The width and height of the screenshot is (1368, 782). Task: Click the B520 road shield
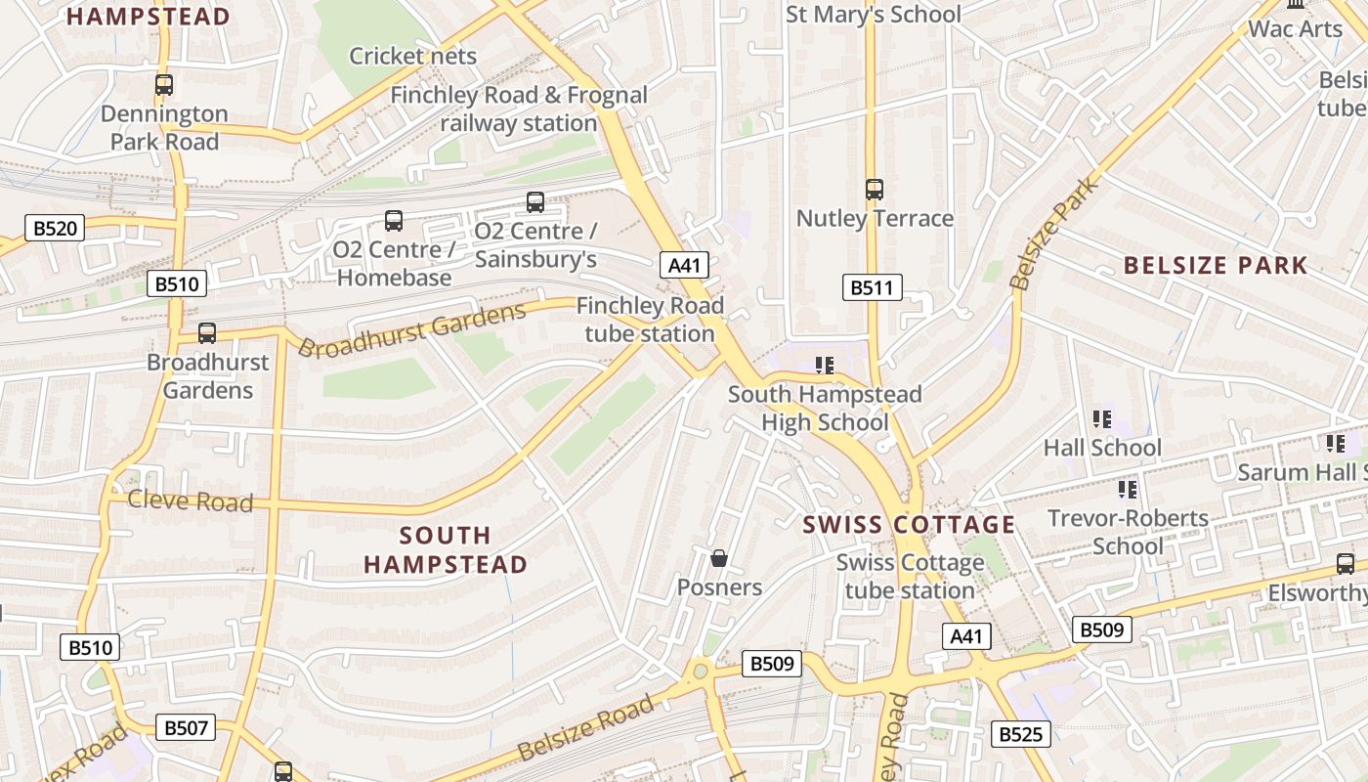55,229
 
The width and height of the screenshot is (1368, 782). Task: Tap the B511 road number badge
872,287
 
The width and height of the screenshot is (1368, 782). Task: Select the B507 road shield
186,727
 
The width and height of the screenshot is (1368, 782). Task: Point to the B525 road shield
1021,734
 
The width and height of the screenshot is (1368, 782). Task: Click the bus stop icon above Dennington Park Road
164,85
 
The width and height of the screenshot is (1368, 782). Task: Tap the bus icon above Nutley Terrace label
875,190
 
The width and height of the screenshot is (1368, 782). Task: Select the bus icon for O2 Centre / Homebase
394,221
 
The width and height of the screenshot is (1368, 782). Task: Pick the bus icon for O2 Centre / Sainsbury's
535,202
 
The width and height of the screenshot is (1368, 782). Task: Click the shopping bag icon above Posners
719,558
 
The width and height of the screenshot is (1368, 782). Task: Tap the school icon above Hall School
1102,419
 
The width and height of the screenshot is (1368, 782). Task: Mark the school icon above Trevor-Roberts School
1128,489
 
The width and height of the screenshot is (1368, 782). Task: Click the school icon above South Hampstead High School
825,366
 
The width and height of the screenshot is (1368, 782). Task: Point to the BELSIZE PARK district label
1215,265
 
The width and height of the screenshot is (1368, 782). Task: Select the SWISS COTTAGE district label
909,525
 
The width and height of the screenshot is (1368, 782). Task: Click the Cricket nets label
412,56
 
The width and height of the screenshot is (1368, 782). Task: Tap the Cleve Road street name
191,501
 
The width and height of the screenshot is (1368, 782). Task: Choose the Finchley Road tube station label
650,320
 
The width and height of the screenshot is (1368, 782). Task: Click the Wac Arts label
1296,28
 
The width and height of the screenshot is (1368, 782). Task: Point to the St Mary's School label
874,15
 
